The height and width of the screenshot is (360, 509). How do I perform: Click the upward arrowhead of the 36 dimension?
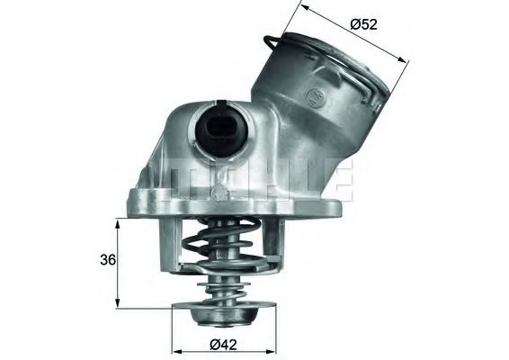(118, 223)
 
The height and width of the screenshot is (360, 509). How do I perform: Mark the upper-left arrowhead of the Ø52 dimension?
(304, 8)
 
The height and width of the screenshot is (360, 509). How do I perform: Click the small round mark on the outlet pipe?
(313, 94)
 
